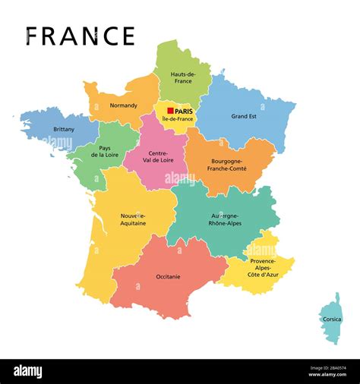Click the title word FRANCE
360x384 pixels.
[x=80, y=36]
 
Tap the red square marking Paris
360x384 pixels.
[x=171, y=111]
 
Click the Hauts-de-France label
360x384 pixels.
[x=184, y=77]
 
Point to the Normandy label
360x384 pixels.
[x=123, y=105]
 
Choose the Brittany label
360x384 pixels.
[x=64, y=129]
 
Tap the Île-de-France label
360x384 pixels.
[x=177, y=120]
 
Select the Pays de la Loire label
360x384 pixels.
[x=104, y=151]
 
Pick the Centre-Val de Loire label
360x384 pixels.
[x=158, y=158]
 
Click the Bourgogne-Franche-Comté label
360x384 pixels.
[x=231, y=165]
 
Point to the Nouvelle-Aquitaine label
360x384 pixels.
[x=133, y=219]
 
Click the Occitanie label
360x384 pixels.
[x=168, y=276]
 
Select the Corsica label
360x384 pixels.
[x=332, y=319]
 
